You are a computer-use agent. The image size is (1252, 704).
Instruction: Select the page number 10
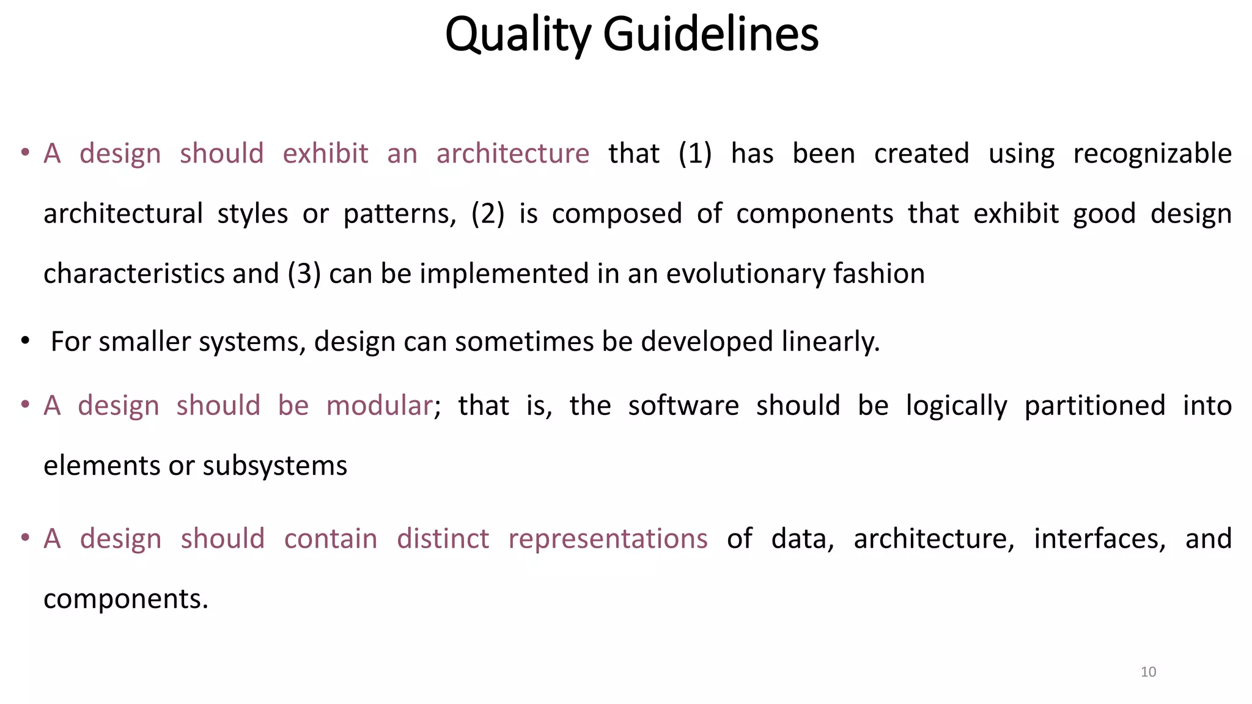pos(1148,672)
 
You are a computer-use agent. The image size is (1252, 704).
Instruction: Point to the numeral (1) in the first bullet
pos(695,153)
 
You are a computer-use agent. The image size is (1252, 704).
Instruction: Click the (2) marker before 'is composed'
pos(488,213)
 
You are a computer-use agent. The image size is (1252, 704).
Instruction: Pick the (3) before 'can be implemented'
pos(304,273)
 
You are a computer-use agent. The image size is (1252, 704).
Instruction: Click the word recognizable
pos(1152,153)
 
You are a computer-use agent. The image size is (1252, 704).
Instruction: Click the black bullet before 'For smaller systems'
pos(24,340)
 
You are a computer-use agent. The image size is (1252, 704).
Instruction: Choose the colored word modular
pos(379,405)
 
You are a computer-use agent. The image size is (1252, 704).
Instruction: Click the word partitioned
pos(1095,405)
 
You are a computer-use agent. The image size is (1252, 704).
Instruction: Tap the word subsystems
pos(275,466)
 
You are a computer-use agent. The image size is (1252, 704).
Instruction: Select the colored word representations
pos(608,538)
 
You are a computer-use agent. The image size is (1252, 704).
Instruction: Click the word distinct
pos(443,538)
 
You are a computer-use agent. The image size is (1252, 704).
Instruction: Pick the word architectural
pos(123,213)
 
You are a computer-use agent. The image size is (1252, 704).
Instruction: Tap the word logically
pos(956,405)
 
